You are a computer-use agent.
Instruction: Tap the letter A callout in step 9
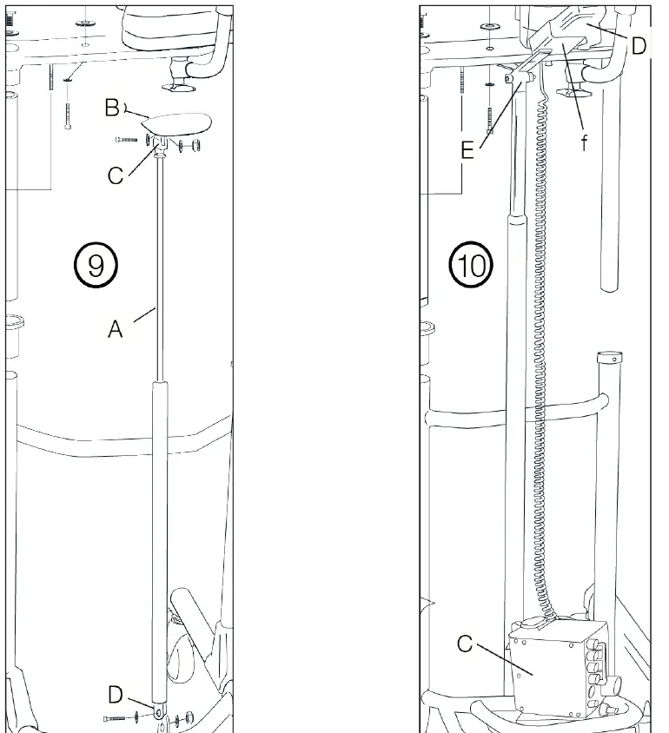pos(116,329)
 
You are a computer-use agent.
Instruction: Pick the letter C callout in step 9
pos(116,175)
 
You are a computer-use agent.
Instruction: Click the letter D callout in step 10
pos(639,45)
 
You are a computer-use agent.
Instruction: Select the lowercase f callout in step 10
pos(585,143)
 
